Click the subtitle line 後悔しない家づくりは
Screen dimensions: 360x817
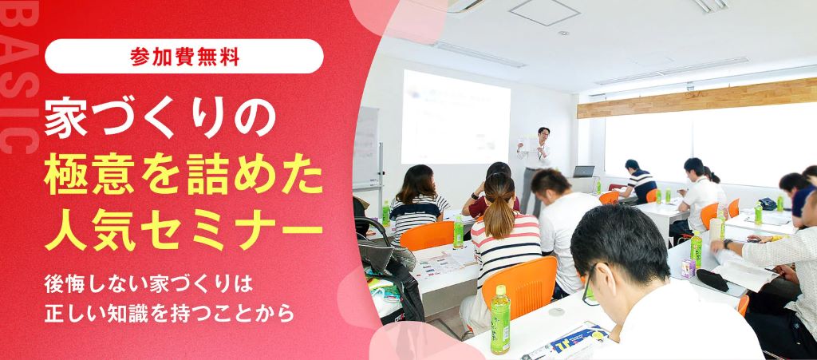[148, 283]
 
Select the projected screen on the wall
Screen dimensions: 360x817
[455, 117]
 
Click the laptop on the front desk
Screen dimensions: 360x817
[583, 172]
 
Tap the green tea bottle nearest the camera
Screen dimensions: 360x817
[499, 319]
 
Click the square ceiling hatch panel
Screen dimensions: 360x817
[544, 11]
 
